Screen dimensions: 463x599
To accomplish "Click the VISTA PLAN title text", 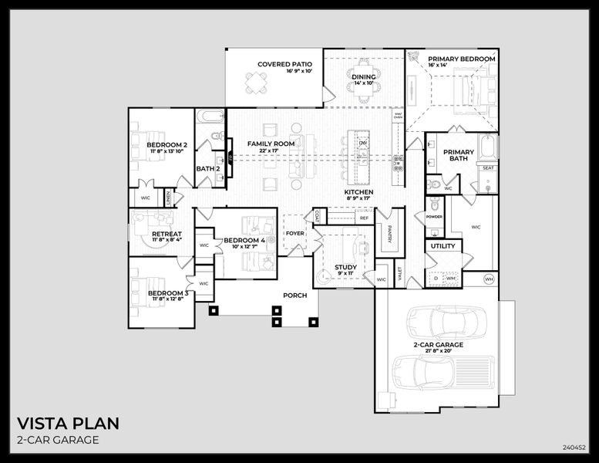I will point(68,424).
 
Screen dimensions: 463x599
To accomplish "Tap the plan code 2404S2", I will point(574,447).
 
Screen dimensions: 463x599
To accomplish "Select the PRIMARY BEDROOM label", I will point(461,59).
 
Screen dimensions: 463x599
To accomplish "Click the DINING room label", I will point(364,76).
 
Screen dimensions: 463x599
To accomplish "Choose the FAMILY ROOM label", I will point(271,144).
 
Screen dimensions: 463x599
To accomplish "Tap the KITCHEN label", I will point(358,192).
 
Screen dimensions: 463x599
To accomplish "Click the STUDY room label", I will point(345,267).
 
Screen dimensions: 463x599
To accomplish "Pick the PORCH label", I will point(294,295).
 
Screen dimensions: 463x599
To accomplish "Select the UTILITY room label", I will point(443,247).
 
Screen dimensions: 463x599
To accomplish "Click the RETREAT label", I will point(167,234).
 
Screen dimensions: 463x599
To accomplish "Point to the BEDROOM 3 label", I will point(167,293).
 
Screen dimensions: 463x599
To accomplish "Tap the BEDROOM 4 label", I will point(244,241).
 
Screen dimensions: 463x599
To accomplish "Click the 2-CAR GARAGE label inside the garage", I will point(438,345).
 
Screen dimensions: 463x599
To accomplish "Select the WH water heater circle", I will point(489,279).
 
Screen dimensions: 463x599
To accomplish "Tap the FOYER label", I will point(295,233).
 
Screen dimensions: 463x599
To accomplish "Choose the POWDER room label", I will point(435,217).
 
